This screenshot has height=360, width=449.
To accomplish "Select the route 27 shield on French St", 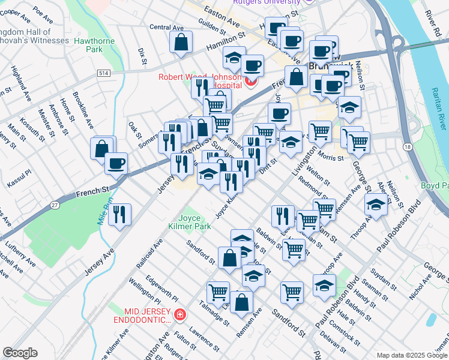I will click(55, 205).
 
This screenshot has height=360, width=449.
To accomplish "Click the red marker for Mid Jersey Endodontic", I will click(179, 314).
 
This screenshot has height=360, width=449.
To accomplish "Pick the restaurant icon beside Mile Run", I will click(119, 214).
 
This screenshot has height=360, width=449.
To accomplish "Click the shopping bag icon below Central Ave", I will click(181, 43).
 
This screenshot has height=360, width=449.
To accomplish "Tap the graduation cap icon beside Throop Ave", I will click(376, 205).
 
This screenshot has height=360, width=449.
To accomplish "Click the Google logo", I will click(20, 353).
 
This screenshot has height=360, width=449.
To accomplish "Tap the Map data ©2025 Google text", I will click(411, 355).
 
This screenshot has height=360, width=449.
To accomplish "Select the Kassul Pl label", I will click(19, 181).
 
